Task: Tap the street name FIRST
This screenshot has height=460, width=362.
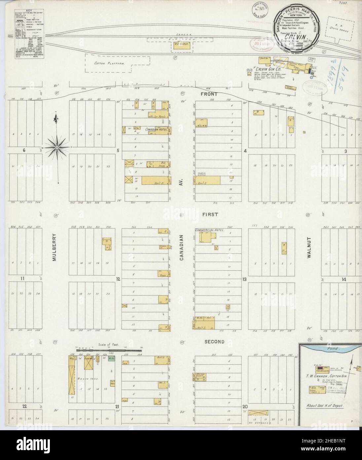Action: click(210, 214)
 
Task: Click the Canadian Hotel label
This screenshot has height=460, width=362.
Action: click(155, 129)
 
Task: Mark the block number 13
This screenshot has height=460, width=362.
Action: click(244, 280)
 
